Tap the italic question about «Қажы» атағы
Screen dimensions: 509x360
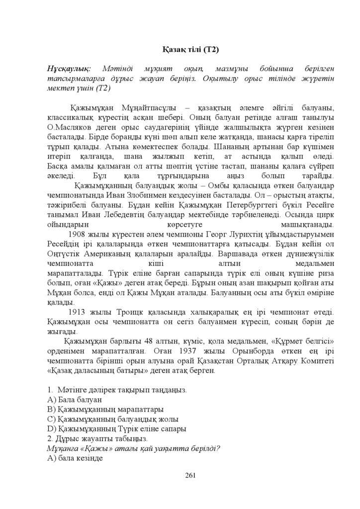tap(133, 448)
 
